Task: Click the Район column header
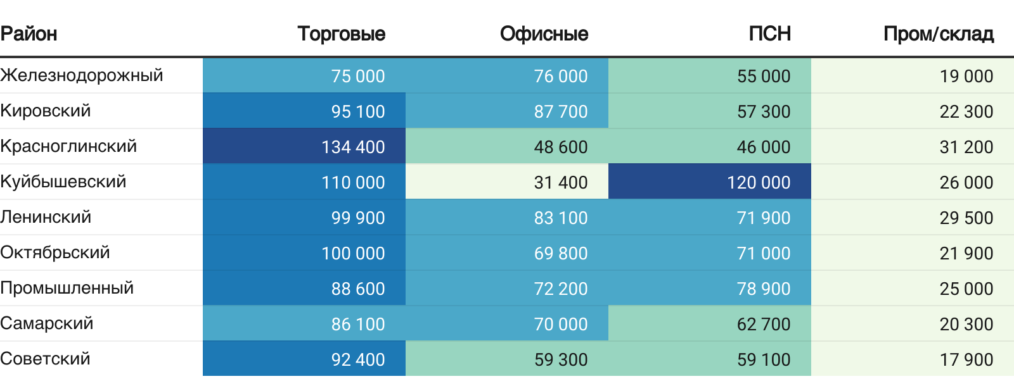pyautogui.click(x=29, y=34)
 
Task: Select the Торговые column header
pyautogui.click(x=341, y=34)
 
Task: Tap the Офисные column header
pyautogui.click(x=544, y=34)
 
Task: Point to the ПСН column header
pyautogui.click(x=769, y=34)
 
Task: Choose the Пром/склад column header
pyautogui.click(x=938, y=34)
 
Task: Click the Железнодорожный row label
pyautogui.click(x=82, y=75)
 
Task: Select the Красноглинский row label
pyautogui.click(x=68, y=146)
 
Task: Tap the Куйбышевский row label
pyautogui.click(x=63, y=182)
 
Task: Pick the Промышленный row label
pyautogui.click(x=67, y=288)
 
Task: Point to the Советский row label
pyautogui.click(x=46, y=359)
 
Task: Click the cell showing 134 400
pyautogui.click(x=353, y=147)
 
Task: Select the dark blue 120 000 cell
pyautogui.click(x=759, y=182)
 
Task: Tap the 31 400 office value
pyautogui.click(x=561, y=182)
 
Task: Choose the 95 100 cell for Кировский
pyautogui.click(x=358, y=111)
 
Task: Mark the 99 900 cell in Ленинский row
pyautogui.click(x=358, y=218)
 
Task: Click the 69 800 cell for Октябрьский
pyautogui.click(x=561, y=253)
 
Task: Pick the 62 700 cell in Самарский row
pyautogui.click(x=764, y=324)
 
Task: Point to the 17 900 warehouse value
pyautogui.click(x=966, y=359)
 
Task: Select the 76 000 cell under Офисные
pyautogui.click(x=561, y=76)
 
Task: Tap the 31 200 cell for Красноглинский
pyautogui.click(x=966, y=147)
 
